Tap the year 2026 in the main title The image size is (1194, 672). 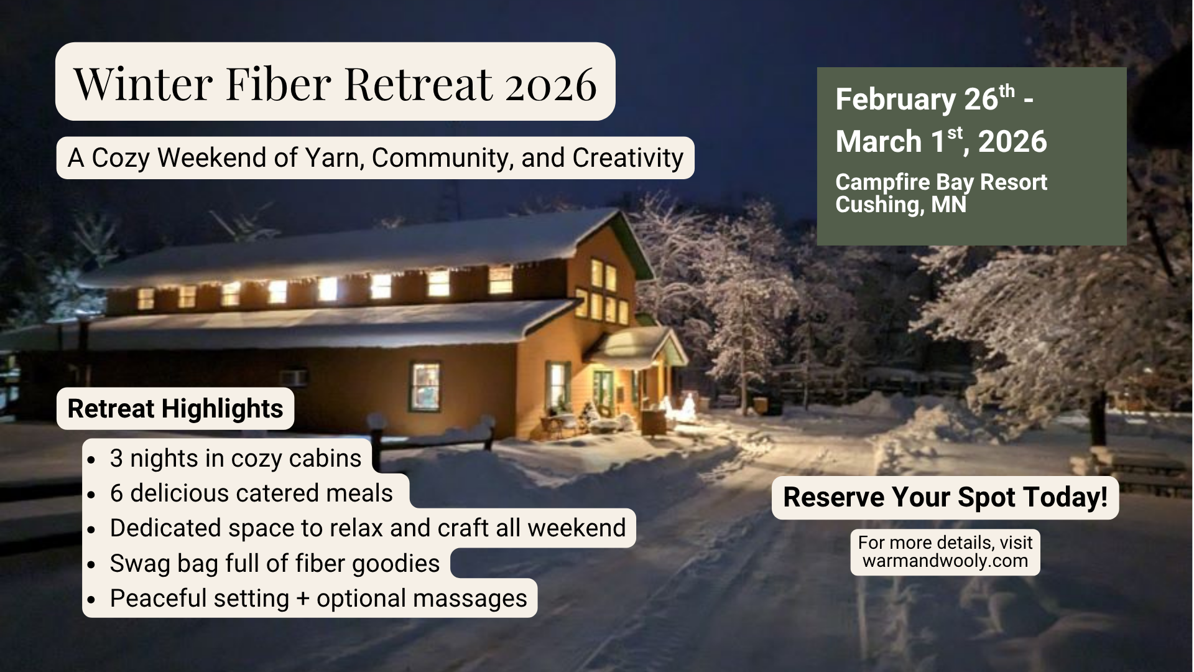(550, 84)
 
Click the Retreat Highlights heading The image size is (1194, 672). (175, 409)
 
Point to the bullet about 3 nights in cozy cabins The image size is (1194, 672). (236, 459)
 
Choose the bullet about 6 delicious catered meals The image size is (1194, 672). (251, 493)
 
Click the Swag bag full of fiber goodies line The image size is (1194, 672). (275, 564)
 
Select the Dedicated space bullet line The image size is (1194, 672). (368, 528)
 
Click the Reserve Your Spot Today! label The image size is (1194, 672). (945, 497)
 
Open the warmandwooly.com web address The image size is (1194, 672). (945, 561)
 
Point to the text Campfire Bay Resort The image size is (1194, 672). (941, 182)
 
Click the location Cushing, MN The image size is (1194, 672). (900, 205)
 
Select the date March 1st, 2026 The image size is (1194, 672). (941, 141)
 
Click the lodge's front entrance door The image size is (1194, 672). (602, 391)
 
